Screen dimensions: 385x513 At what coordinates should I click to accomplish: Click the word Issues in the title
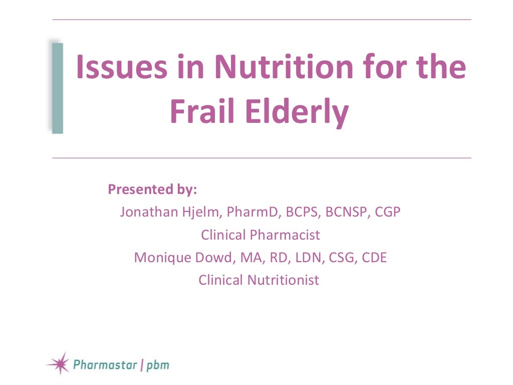[x=116, y=68]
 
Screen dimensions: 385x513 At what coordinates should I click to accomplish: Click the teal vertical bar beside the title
[x=58, y=88]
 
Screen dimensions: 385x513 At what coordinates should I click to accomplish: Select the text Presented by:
[x=152, y=190]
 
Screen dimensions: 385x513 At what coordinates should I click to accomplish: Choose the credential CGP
[x=388, y=212]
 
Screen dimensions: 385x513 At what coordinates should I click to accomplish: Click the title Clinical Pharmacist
[x=260, y=235]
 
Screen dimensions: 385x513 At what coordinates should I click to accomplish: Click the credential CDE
[x=374, y=257]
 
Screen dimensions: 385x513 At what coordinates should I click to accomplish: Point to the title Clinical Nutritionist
[x=259, y=280]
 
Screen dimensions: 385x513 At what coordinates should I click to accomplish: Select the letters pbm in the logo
[x=157, y=364]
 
